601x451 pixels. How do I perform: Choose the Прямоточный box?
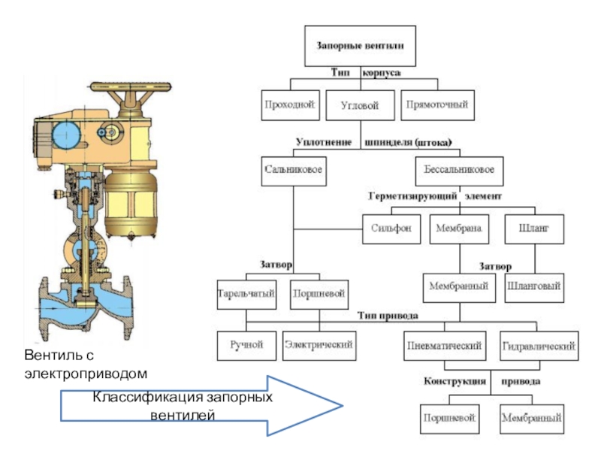[437, 105]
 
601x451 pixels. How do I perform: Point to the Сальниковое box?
[294, 170]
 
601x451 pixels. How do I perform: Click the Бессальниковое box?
[458, 170]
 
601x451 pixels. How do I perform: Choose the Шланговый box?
[535, 286]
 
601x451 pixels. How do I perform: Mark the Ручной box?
[246, 345]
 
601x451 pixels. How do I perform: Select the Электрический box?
[318, 345]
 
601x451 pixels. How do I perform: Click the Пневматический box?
[443, 347]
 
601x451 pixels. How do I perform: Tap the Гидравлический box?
[539, 347]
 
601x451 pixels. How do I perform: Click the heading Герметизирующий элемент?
[434, 196]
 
